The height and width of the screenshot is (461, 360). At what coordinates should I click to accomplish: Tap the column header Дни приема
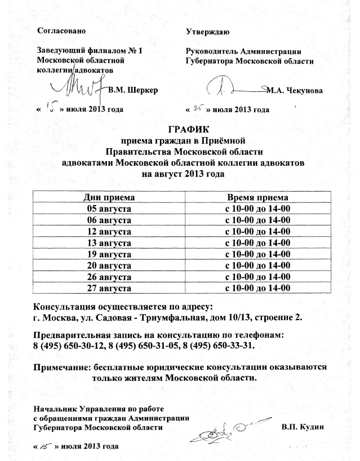tap(109, 198)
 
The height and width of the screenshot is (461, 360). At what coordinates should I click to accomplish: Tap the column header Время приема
tap(257, 198)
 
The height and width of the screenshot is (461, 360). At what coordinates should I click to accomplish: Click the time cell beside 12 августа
tap(257, 232)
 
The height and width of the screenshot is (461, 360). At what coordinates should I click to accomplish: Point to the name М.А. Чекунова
tap(295, 90)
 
